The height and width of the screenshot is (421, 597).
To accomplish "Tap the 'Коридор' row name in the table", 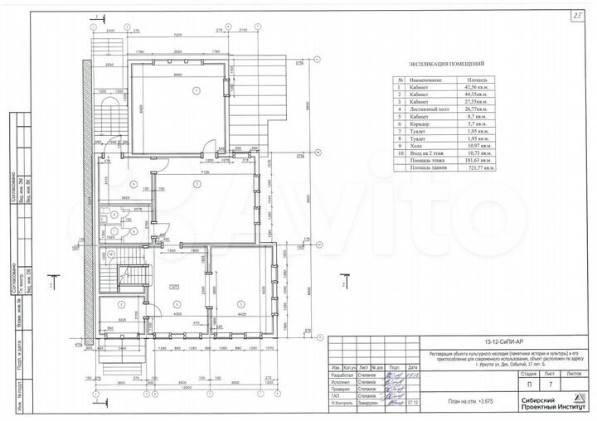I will (418, 123).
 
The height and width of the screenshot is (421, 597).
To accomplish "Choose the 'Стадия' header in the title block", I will (527, 374).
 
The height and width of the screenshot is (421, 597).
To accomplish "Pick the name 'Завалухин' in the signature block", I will (374, 403).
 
